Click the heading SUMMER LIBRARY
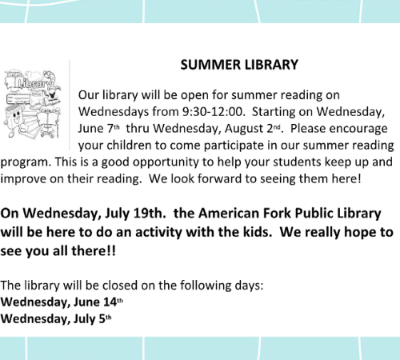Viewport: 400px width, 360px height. coord(239,65)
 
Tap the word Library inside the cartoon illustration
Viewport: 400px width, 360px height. coord(34,84)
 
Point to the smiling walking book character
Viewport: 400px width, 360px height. coord(14,119)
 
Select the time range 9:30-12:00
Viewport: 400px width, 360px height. coord(214,112)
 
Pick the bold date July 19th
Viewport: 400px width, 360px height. coord(135,214)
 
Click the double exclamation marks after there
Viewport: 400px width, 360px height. coord(112,251)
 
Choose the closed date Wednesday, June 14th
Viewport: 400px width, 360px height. coord(62,302)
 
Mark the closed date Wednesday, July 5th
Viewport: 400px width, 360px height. coord(56,319)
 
